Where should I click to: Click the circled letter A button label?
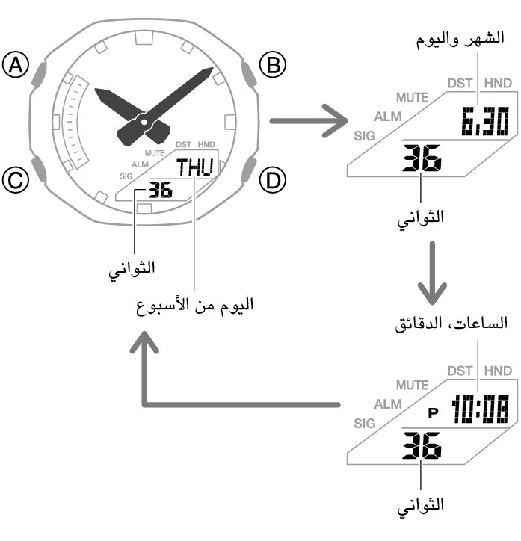[x=15, y=67]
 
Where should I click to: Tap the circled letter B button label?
[x=272, y=67]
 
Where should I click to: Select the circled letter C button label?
[x=15, y=179]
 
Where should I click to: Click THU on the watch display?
[x=194, y=167]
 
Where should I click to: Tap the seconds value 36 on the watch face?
[x=160, y=190]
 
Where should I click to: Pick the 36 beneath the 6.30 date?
[x=422, y=158]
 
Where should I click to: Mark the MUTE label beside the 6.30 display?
[x=412, y=98]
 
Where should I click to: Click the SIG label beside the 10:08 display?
[x=364, y=423]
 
